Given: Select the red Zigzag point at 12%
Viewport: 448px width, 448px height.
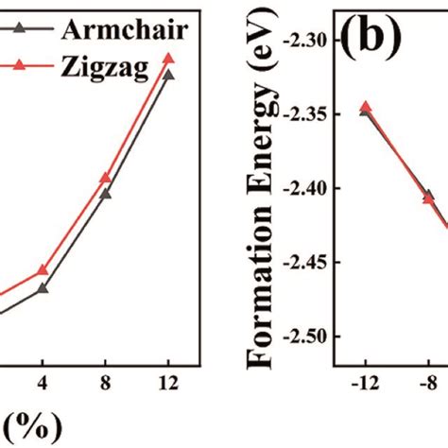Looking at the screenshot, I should (x=169, y=59).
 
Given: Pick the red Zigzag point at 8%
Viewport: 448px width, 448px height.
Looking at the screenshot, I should (x=106, y=178).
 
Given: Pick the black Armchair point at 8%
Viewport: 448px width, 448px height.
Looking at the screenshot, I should (x=106, y=194).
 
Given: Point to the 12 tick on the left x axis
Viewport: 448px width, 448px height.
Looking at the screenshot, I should (x=169, y=386).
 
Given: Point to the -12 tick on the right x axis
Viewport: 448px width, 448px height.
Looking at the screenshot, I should (x=365, y=386).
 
